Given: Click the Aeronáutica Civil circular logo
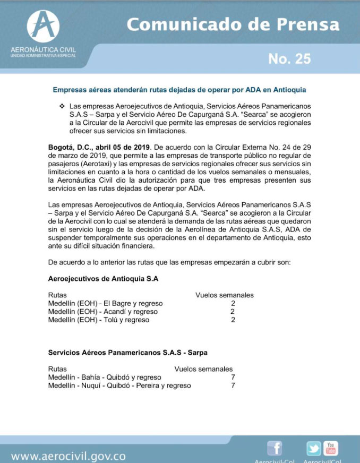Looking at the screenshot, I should tap(44, 27).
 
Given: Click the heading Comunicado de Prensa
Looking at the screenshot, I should tap(233, 24).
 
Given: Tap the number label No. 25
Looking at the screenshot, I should tap(289, 58).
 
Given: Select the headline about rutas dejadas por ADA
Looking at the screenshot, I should tap(179, 90).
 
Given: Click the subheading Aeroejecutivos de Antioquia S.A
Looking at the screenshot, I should tap(103, 278).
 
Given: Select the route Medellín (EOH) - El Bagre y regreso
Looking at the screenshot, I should tap(105, 303).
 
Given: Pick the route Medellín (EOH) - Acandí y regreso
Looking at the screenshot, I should tap(102, 312).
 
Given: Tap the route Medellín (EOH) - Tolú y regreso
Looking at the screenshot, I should tap(98, 320).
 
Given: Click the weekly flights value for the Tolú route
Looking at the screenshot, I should tap(233, 320).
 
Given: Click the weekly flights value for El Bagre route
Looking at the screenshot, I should tap(233, 303).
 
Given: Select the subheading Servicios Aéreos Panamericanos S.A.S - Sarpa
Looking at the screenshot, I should tap(127, 352).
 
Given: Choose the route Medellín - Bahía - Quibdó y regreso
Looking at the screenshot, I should tap(105, 377).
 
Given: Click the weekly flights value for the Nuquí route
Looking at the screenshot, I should tap(233, 385).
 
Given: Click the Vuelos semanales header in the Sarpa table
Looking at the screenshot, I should tap(203, 368).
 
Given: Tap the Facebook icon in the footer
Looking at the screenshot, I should tap(275, 449).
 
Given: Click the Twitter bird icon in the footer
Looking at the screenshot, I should tap(314, 449).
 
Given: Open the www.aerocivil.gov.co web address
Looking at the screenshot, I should tap(68, 456).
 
